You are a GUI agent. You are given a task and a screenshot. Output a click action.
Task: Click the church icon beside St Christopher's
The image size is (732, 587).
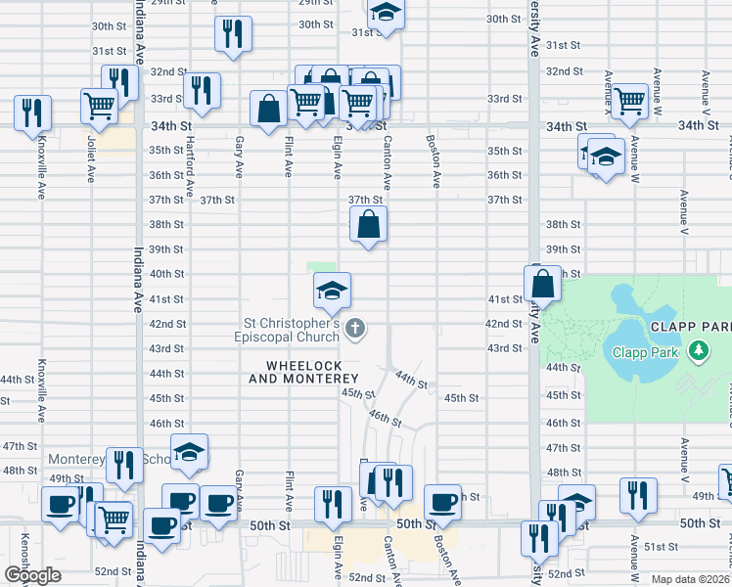coord(356,329)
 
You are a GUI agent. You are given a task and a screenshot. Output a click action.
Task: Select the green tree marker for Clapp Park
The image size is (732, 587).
coord(698,350)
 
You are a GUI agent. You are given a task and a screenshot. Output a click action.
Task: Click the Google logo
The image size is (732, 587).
coord(32,575)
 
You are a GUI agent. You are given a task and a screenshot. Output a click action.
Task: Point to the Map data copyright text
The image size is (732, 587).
coord(690,579)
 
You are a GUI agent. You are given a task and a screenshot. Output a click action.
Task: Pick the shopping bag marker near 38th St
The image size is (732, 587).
coord(367,225)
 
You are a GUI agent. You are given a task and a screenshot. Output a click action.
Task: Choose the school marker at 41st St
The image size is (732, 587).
coord(332,290)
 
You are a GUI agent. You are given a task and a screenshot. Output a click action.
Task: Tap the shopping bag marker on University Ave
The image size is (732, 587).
coord(542,284)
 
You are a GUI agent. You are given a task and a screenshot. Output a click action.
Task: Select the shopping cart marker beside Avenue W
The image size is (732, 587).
coord(630,99)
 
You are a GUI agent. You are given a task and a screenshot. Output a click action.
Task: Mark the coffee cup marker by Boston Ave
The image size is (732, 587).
coord(442,502)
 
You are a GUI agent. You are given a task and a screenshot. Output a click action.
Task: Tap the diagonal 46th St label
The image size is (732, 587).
coord(385,418)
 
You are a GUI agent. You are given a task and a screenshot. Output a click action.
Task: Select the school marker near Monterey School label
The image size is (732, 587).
coord(189,451)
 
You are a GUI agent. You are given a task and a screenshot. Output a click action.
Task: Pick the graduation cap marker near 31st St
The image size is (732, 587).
coord(386,14)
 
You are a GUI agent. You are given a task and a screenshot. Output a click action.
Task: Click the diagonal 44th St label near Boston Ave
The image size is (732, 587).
coord(411,380)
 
